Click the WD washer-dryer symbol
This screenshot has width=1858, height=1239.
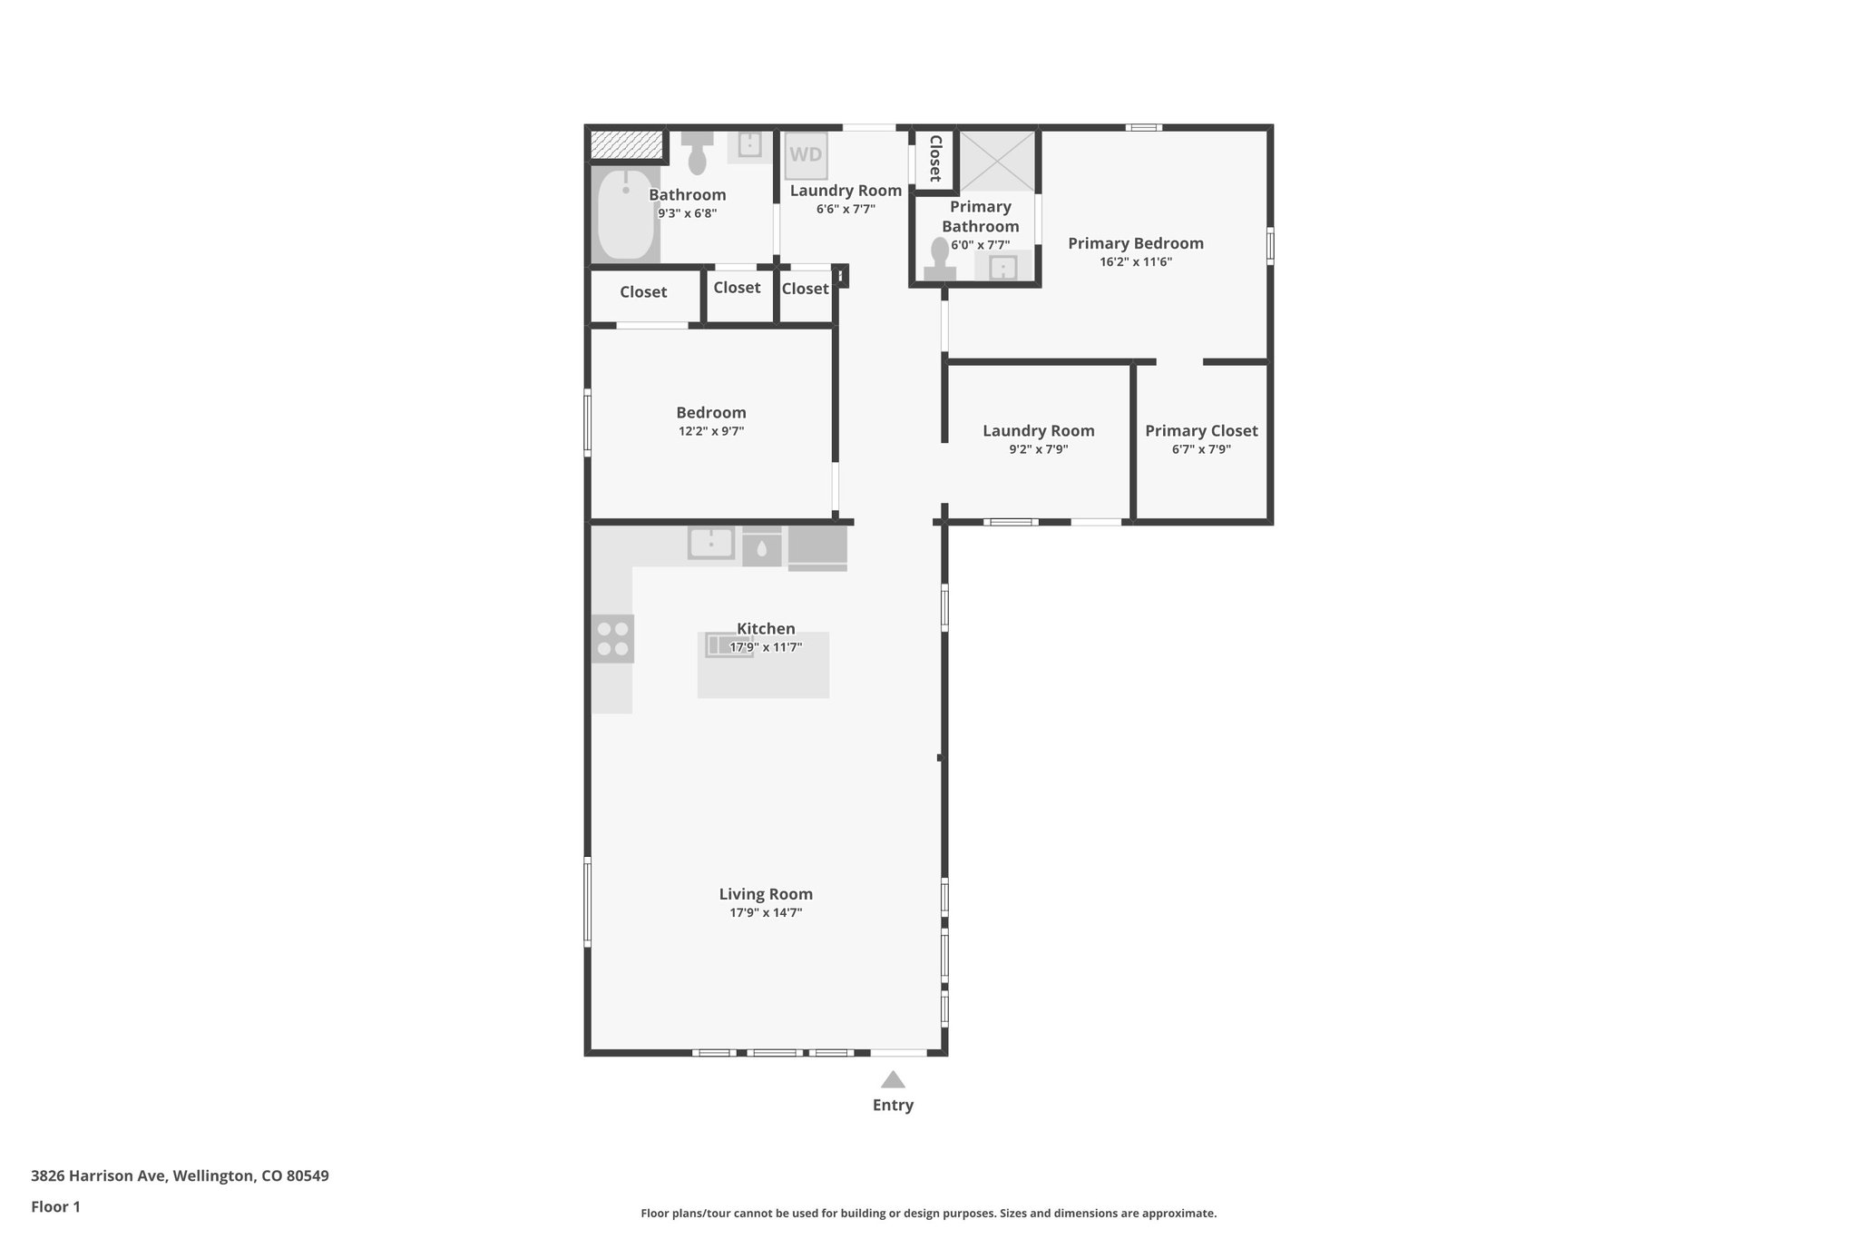[806, 156]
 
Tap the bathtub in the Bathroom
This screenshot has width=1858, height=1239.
[625, 214]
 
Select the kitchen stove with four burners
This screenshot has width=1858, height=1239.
[612, 638]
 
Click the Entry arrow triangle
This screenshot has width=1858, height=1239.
[893, 1079]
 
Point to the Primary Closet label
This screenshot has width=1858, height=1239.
[1201, 431]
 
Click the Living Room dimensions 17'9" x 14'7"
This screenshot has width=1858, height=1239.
[766, 913]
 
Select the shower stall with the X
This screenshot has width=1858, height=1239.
[997, 161]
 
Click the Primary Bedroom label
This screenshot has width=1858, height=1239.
[1135, 243]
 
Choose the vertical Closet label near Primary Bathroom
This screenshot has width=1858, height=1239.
[934, 159]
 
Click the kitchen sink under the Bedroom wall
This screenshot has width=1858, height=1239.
[711, 544]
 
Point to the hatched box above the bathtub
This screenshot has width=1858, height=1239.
[626, 143]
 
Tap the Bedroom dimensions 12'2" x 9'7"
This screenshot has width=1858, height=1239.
[711, 432]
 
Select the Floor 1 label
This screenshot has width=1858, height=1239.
[55, 1206]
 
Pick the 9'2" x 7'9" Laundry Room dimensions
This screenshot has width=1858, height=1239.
[1038, 449]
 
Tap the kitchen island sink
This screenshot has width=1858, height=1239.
[729, 645]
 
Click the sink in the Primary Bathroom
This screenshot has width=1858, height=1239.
[1002, 268]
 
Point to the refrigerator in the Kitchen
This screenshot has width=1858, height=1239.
[817, 548]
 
